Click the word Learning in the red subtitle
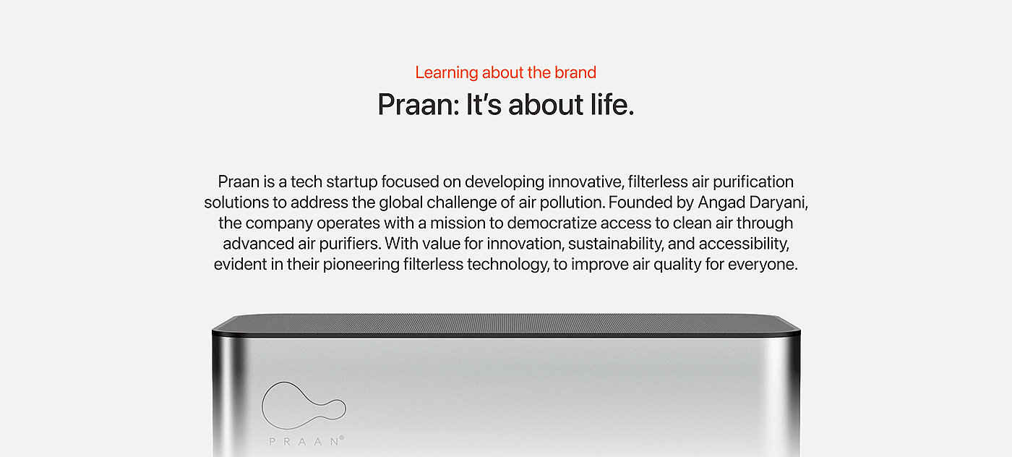[x=447, y=73]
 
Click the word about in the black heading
[x=546, y=104]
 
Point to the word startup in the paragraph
[x=351, y=182]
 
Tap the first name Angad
[x=721, y=202]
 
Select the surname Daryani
[x=779, y=202]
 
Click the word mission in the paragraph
[x=455, y=223]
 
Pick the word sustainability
[x=616, y=244]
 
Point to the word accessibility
[x=744, y=244]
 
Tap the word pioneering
[x=361, y=265]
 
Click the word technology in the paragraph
[x=508, y=265]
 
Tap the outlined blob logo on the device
[x=304, y=405]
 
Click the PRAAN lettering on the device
[x=304, y=442]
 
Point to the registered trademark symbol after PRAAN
[x=341, y=437]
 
